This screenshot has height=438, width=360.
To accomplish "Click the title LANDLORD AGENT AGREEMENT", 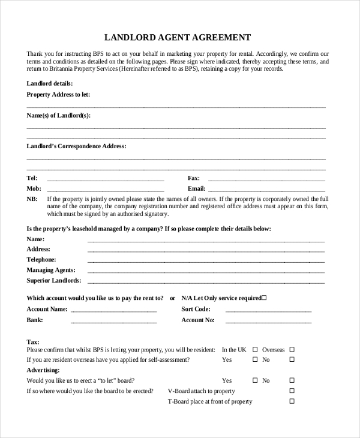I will pos(178,37).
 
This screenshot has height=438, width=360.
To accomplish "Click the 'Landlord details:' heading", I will pos(50,83).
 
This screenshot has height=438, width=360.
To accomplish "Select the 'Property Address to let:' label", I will pos(58,95).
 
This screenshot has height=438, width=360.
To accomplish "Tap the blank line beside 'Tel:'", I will pos(105,179).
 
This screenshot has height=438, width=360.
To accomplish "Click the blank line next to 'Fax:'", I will pos(266,179).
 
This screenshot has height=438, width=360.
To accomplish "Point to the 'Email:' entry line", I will pos(266,190).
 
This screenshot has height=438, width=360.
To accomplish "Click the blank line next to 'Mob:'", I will pos(105,190).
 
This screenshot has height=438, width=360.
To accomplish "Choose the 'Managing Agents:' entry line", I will pos(206,271).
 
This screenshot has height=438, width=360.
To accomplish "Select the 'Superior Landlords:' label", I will pos(53,280).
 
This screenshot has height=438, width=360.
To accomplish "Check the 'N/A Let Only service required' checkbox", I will pos(265,298).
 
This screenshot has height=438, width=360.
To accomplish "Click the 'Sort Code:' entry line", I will pos(268,310).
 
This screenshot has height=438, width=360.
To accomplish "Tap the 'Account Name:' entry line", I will pos(113,310).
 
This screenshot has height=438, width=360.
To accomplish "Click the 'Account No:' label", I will pos(197,320).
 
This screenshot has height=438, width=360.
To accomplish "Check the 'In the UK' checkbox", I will pos(255,349).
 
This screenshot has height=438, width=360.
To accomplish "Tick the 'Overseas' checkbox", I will pos(292,349).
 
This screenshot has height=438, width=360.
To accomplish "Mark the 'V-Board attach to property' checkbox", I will pos(292,391).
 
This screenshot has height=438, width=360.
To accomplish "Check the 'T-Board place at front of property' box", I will pos(292,401).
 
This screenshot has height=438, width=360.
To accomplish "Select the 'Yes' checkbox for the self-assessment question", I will pos(255,359).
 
